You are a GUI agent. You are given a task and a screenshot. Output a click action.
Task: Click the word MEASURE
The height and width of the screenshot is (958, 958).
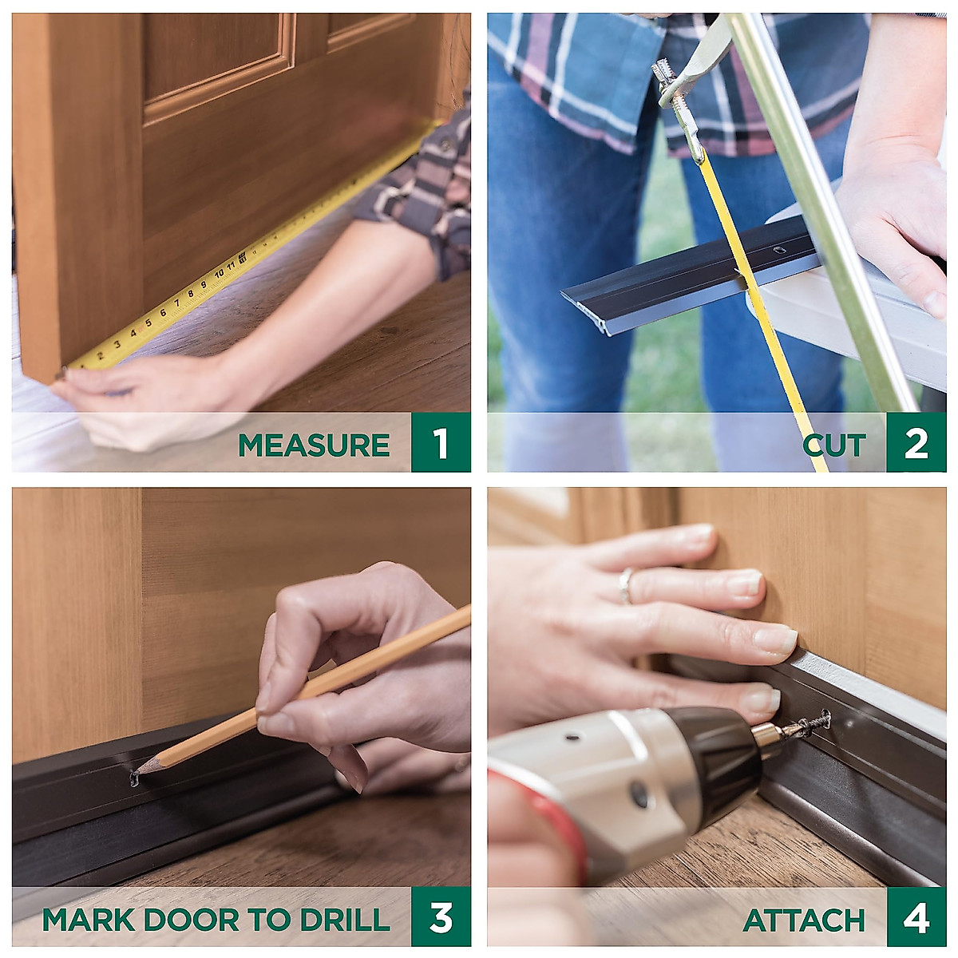pos(314,445)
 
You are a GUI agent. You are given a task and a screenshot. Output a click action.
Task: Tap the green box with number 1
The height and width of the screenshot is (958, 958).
pos(441,443)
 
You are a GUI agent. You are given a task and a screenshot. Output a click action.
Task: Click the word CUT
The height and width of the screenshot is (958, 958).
pos(834,445)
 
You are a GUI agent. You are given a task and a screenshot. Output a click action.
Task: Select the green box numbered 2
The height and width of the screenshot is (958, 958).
pos(916,443)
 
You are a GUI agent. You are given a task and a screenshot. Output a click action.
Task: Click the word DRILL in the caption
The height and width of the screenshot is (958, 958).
pos(345,919)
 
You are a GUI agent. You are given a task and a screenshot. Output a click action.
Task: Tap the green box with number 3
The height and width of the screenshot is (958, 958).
pos(441,917)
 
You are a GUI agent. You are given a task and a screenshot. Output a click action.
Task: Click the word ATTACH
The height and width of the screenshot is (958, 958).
pos(804,920)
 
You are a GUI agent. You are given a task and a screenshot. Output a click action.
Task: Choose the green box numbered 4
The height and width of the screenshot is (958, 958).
pos(916,918)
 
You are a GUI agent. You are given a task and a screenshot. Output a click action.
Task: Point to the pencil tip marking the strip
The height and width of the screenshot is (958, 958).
pos(136,774)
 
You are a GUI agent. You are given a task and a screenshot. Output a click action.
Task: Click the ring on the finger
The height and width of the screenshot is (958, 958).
pos(625,586)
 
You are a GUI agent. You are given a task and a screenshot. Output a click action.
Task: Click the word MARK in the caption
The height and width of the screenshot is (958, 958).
pos(87,919)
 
